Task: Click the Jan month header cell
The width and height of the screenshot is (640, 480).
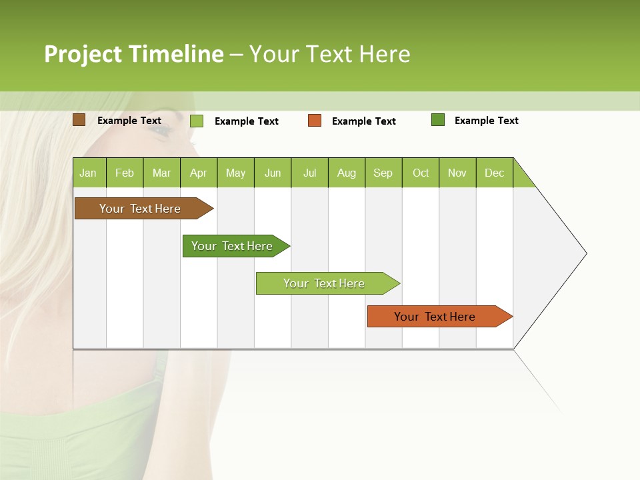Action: click(x=88, y=173)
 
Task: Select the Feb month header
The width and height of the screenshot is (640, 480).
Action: click(x=125, y=173)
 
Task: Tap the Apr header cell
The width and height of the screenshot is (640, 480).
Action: click(x=198, y=173)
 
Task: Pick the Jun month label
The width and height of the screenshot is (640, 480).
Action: click(x=273, y=173)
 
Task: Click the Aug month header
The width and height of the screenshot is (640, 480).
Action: click(x=346, y=173)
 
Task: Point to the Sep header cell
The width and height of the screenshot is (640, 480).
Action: click(x=383, y=173)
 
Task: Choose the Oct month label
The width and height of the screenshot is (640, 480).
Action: click(x=421, y=173)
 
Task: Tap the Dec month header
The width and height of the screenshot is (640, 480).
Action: click(x=494, y=173)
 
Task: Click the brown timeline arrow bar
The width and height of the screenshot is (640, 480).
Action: click(x=141, y=209)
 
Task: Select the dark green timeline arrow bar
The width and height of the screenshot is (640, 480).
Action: click(x=233, y=246)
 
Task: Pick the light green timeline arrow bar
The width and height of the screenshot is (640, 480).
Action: click(x=325, y=283)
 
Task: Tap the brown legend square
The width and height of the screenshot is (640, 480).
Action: click(x=79, y=120)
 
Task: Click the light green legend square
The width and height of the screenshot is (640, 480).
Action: click(x=196, y=121)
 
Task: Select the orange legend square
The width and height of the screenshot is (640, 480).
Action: click(x=314, y=120)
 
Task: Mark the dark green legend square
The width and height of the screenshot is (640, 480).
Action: click(x=437, y=120)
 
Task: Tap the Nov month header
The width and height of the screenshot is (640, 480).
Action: click(x=457, y=173)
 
